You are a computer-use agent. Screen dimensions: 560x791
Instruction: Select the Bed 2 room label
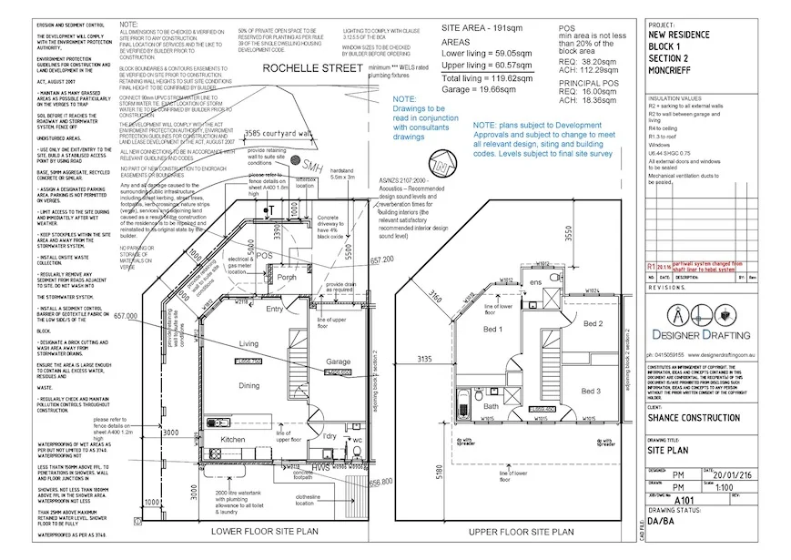click(593, 323)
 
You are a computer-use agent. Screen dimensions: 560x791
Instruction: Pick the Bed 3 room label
click(591, 391)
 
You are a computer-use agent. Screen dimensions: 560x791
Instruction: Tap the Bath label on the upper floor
click(490, 407)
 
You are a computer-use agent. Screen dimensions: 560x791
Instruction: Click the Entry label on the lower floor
click(274, 310)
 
